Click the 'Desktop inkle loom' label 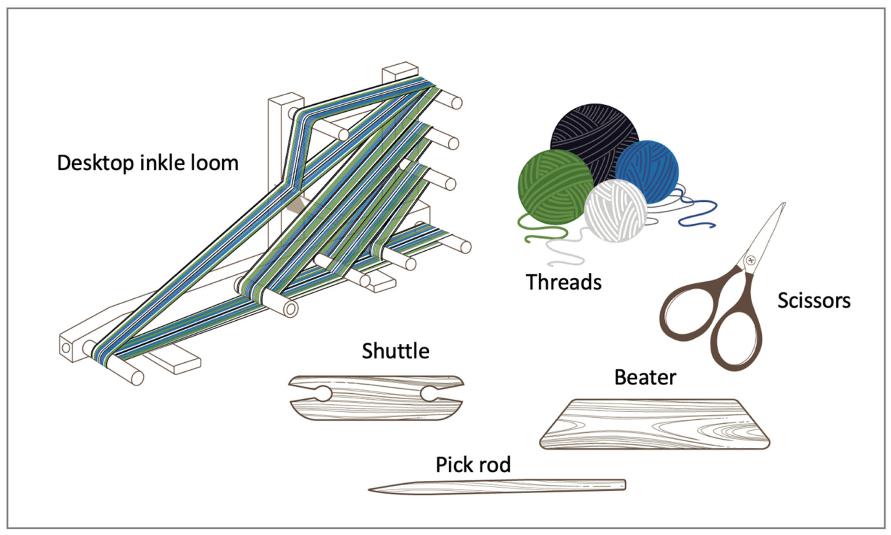coord(148,163)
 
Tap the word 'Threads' coord(563,282)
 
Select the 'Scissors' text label coord(813,301)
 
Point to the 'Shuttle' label coord(395,351)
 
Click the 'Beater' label coord(644,378)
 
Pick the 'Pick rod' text coord(473,465)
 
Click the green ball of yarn coord(554,187)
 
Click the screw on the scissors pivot coord(750,261)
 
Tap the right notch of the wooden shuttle coord(428,394)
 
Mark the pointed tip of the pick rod coord(371,490)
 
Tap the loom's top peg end coord(456,102)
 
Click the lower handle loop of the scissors coord(736,339)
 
